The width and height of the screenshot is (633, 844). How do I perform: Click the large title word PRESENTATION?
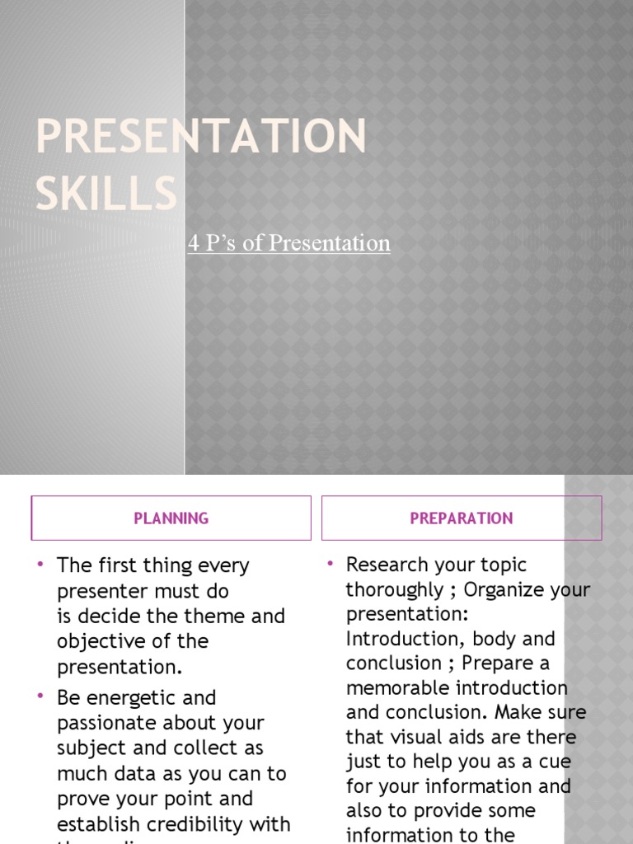200,136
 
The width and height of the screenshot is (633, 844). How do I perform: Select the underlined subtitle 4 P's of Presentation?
288,243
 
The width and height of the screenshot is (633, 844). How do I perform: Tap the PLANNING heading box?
171,518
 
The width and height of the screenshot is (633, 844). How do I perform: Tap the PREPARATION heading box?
462,518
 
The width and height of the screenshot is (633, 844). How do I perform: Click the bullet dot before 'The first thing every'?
40,565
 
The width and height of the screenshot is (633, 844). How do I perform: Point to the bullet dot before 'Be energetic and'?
40,696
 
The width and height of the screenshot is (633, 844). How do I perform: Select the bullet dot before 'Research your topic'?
330,564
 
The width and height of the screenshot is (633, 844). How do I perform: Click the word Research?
387,565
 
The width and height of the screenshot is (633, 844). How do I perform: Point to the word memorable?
396,687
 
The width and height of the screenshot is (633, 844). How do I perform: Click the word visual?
417,737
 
